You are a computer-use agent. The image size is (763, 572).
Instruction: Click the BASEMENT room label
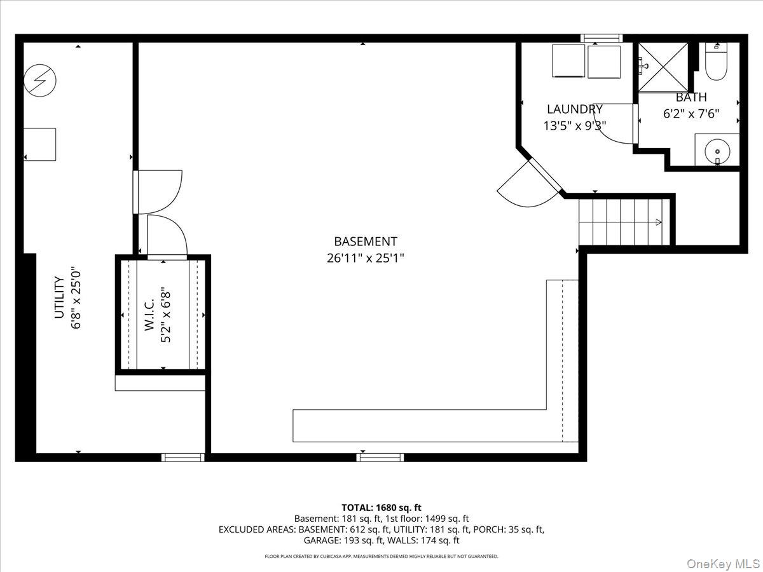pos(366,242)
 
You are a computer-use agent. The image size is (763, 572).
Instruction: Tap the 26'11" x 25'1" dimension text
pos(366,258)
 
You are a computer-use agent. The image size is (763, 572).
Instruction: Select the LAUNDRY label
pos(574,109)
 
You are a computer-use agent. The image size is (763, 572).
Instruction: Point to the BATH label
pos(691,97)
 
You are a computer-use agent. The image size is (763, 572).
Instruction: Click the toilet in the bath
pos(717,62)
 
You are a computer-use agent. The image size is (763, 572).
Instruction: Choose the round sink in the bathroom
pos(717,151)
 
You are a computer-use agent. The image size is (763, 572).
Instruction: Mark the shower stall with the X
pos(663,67)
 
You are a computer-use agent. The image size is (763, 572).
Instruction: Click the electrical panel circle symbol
pos(40,81)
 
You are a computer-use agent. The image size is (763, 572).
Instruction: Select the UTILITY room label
pos(59,297)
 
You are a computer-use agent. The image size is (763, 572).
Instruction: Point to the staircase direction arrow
pos(658,222)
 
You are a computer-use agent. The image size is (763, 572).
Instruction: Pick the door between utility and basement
pos(157,192)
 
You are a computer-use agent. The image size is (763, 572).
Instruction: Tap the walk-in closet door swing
pos(167,236)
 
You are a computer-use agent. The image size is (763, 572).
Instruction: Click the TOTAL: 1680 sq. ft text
pos(381,507)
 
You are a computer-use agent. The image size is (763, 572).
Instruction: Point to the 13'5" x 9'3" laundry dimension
pos(575,125)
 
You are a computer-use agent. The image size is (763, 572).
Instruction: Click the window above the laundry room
pos(601,38)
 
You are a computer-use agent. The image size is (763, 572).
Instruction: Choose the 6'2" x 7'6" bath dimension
pos(691,114)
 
